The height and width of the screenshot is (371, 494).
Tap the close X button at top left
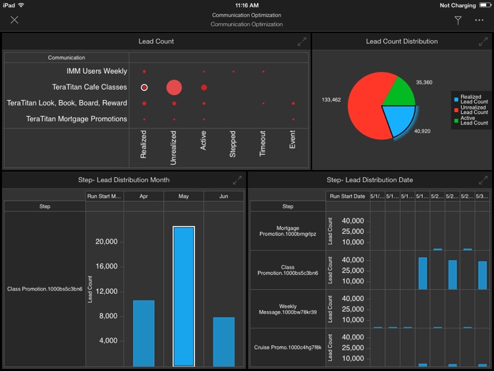pyautogui.click(x=14, y=20)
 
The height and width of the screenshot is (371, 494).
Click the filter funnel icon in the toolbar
pyautogui.click(x=458, y=20)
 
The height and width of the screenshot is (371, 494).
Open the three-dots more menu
pyautogui.click(x=479, y=20)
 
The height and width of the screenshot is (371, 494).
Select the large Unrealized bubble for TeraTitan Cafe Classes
pyautogui.click(x=174, y=88)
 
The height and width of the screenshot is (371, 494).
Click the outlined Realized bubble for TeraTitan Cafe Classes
pyautogui.click(x=144, y=88)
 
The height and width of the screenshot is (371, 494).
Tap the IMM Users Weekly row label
pyautogui.click(x=97, y=71)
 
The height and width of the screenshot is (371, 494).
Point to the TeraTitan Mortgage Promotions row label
pyautogui.click(x=76, y=119)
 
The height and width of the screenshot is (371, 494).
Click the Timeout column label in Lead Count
pyautogui.click(x=263, y=144)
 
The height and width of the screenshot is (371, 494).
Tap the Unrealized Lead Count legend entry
pyautogui.click(x=474, y=110)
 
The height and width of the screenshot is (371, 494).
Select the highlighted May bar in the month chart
pyautogui.click(x=183, y=297)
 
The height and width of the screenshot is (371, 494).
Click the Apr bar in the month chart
pyautogui.click(x=144, y=333)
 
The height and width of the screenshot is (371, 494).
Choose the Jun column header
pyautogui.click(x=223, y=196)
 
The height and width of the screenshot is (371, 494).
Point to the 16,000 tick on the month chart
pyautogui.click(x=105, y=266)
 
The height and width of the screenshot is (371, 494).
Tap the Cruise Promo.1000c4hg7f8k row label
pyautogui.click(x=287, y=347)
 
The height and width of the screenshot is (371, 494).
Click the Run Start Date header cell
pyautogui.click(x=347, y=196)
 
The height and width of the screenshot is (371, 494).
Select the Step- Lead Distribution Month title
pyautogui.click(x=124, y=180)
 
